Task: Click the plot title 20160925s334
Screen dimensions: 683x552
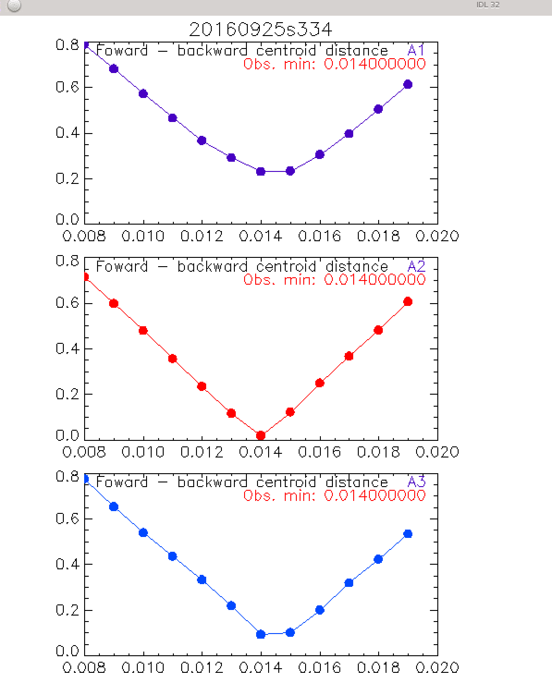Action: point(260,30)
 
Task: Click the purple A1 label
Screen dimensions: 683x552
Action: point(416,50)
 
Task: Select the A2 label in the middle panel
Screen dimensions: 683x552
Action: point(416,266)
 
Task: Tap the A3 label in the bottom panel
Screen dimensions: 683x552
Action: point(416,482)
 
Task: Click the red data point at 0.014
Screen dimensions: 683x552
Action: point(261,435)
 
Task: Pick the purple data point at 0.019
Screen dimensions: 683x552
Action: point(408,84)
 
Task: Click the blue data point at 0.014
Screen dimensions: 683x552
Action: point(261,634)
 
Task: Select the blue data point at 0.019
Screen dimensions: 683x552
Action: point(408,534)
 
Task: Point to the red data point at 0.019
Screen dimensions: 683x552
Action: point(408,302)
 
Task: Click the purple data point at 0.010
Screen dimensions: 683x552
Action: point(143,94)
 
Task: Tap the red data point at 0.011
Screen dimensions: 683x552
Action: point(172,359)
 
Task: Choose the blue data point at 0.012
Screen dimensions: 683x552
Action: point(202,579)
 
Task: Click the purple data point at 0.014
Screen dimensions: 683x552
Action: point(261,171)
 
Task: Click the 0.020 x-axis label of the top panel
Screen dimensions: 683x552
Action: point(437,237)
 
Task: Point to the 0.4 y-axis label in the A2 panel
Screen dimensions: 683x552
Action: point(67,348)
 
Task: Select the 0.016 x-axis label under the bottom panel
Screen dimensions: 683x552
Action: point(319,668)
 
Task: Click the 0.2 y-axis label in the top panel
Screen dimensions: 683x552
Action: point(67,178)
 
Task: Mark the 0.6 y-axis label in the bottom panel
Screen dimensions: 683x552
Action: point(67,518)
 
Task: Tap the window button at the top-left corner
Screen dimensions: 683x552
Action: point(14,6)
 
